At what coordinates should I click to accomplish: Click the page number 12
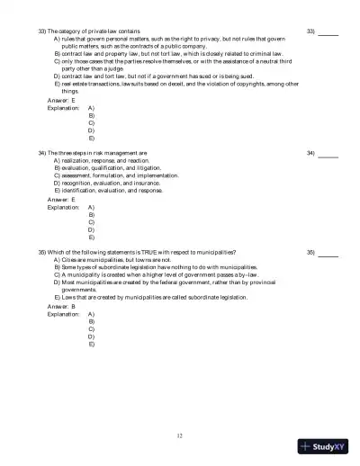[x=180, y=436]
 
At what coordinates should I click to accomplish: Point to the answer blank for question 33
[x=328, y=32]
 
